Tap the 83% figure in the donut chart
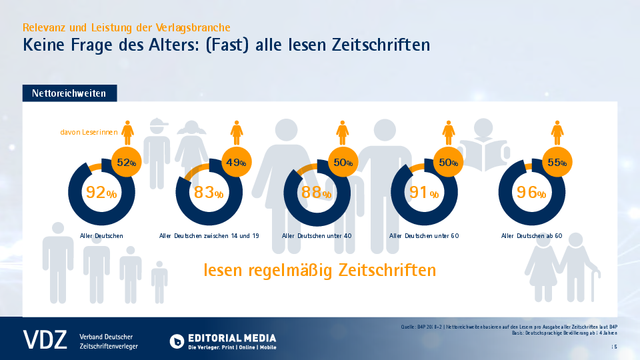click(208, 194)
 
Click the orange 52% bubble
click(127, 163)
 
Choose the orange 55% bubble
click(556, 163)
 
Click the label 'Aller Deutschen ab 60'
click(531, 236)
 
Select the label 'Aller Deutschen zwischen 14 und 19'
click(210, 236)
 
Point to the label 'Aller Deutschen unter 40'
click(316, 236)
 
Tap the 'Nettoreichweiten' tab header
click(69, 94)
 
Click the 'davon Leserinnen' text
click(89, 133)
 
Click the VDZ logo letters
click(45, 339)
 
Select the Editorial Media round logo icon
click(177, 341)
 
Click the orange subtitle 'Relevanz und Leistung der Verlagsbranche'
click(127, 27)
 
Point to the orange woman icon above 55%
click(556, 132)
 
